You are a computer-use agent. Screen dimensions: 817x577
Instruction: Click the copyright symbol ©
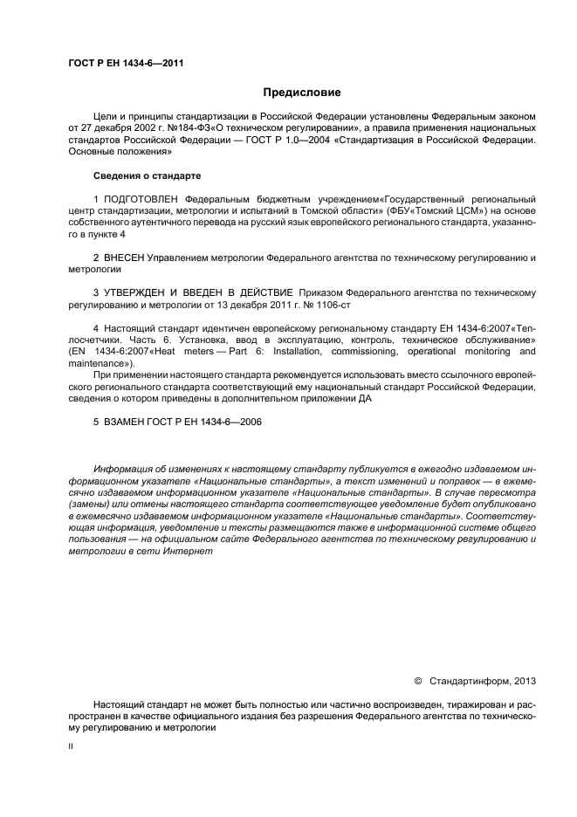coord(416,680)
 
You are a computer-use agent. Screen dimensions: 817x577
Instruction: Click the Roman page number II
coord(71,746)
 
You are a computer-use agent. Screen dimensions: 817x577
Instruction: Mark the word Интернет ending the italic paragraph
coord(178,553)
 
